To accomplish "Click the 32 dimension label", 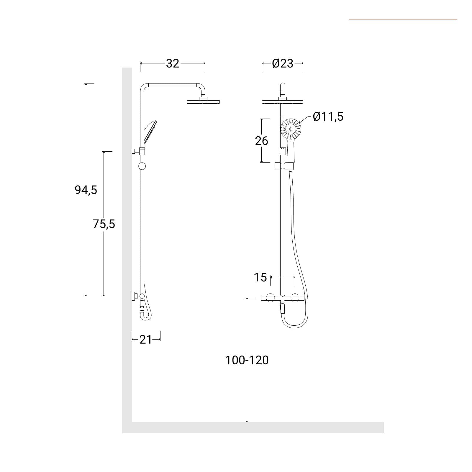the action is coord(173,63).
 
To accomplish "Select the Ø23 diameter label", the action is coord(283,63).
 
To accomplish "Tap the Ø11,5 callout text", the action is coord(328,117).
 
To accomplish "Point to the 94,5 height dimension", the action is coord(86,190).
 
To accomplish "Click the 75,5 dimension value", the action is coord(104,224).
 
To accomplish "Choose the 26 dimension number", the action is coord(261,141).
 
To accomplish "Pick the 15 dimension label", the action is coord(260,277).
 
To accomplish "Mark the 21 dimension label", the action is coord(145,340).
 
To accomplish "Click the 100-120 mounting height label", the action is coord(247,360).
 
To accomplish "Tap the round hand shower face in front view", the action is coord(291,129).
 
